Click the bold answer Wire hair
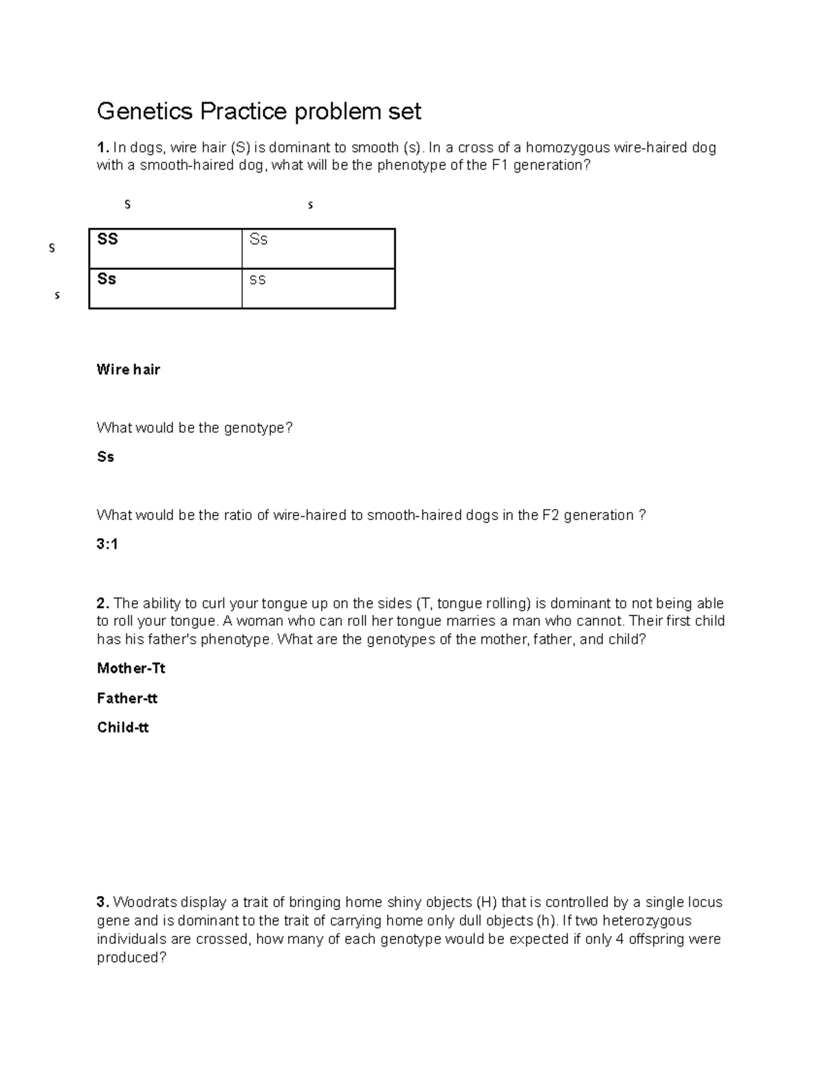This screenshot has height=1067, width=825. click(x=129, y=370)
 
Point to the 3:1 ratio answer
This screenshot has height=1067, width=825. click(x=107, y=544)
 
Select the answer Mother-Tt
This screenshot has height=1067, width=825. click(x=131, y=669)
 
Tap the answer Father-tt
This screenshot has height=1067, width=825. click(x=127, y=699)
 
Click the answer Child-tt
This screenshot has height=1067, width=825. click(x=123, y=728)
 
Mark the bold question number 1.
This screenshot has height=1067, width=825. click(x=102, y=148)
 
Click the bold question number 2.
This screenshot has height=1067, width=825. click(x=102, y=604)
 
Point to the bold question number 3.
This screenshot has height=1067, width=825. click(x=102, y=902)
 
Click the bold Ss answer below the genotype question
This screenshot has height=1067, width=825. click(x=105, y=457)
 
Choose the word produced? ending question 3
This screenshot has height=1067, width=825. click(x=131, y=958)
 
